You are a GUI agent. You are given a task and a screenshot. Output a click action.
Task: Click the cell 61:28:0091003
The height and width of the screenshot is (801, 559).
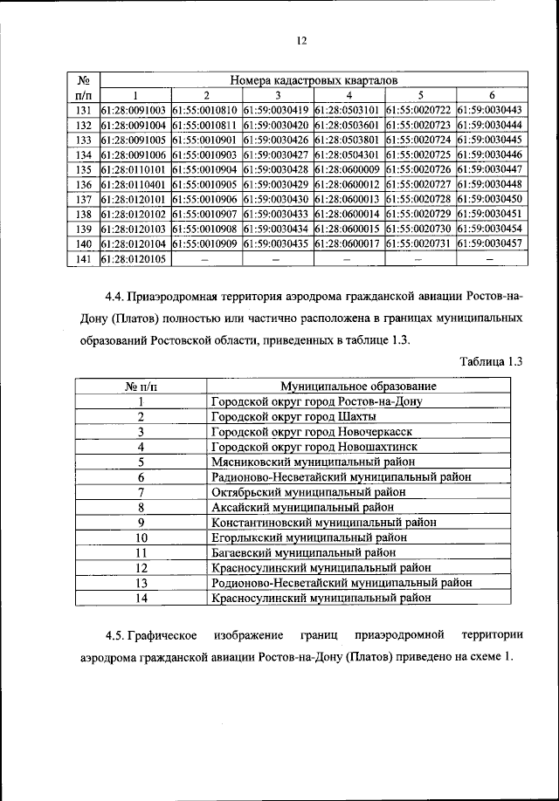point(135,110)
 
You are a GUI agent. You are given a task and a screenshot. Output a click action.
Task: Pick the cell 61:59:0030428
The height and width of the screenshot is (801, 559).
point(277,169)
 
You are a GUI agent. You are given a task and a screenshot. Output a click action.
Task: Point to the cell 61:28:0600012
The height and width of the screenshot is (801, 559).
point(348,184)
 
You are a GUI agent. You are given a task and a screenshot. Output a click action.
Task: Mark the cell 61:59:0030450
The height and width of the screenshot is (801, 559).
point(489,199)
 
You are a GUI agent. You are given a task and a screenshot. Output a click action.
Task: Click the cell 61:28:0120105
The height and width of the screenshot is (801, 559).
point(135,258)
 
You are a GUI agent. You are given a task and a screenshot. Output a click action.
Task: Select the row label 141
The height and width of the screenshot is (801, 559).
point(84,258)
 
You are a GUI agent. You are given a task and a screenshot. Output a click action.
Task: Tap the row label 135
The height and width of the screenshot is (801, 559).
point(84,169)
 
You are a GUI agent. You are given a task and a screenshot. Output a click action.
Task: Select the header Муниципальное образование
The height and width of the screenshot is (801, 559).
point(358,386)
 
